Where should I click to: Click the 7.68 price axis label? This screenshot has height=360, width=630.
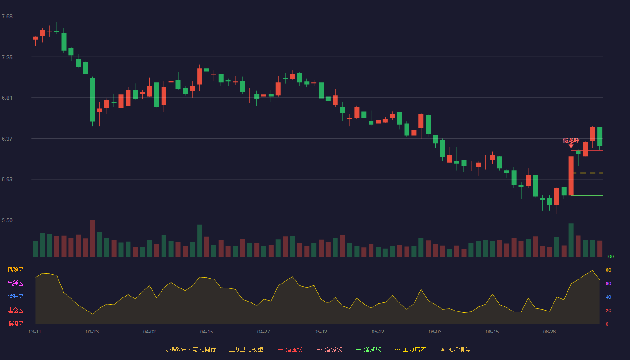(x=7, y=17)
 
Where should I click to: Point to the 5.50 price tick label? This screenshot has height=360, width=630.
(x=7, y=220)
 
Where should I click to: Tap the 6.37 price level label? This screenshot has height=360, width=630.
(x=7, y=139)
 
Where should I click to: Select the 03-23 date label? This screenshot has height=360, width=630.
(x=92, y=332)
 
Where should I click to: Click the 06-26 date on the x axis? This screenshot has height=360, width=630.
(x=549, y=332)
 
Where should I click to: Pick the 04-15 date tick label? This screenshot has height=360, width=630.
(x=207, y=332)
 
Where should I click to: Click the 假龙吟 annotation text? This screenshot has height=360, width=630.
(x=571, y=140)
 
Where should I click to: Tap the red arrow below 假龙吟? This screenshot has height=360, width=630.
(x=571, y=146)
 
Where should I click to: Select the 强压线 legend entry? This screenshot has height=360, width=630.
(x=290, y=349)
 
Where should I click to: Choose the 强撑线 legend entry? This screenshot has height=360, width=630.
(x=369, y=349)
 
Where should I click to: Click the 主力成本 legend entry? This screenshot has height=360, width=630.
(x=410, y=349)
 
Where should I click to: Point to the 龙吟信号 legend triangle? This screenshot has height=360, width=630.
(x=443, y=350)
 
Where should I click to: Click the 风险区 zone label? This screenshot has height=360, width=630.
(x=15, y=270)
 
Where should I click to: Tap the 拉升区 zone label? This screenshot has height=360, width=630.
(x=15, y=297)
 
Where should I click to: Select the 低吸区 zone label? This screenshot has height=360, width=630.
(x=15, y=324)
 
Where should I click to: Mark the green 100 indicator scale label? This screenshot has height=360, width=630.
(x=610, y=256)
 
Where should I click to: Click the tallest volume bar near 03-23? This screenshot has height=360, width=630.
(x=92, y=238)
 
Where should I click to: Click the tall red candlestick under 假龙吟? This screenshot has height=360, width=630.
(x=571, y=175)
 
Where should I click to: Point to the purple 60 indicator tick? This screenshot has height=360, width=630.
(x=608, y=283)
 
